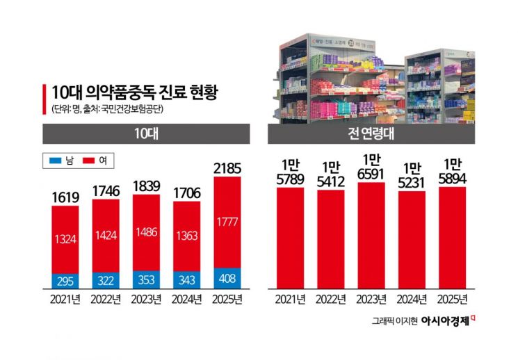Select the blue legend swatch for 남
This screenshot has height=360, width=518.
(x=54, y=161)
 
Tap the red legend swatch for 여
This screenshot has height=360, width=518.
(x=88, y=161)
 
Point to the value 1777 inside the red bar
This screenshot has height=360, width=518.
(x=227, y=221)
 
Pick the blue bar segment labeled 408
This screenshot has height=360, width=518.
(x=227, y=277)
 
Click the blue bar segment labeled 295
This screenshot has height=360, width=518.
(x=65, y=281)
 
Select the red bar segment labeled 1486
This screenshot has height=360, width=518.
(x=146, y=233)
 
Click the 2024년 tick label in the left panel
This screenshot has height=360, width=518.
(x=186, y=300)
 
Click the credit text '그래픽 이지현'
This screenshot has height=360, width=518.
(x=394, y=321)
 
